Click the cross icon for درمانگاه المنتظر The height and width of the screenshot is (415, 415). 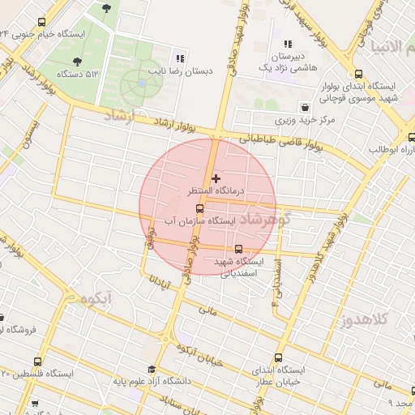(x=215, y=178)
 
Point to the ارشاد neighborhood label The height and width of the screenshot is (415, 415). (x=122, y=118)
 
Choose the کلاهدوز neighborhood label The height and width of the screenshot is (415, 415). (x=384, y=317)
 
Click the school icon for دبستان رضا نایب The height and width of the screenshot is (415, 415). (x=180, y=58)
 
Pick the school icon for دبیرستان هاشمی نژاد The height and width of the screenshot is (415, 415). (x=287, y=45)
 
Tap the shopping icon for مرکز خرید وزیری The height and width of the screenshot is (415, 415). (x=304, y=106)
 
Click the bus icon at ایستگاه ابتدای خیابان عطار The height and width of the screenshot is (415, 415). (x=279, y=357)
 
